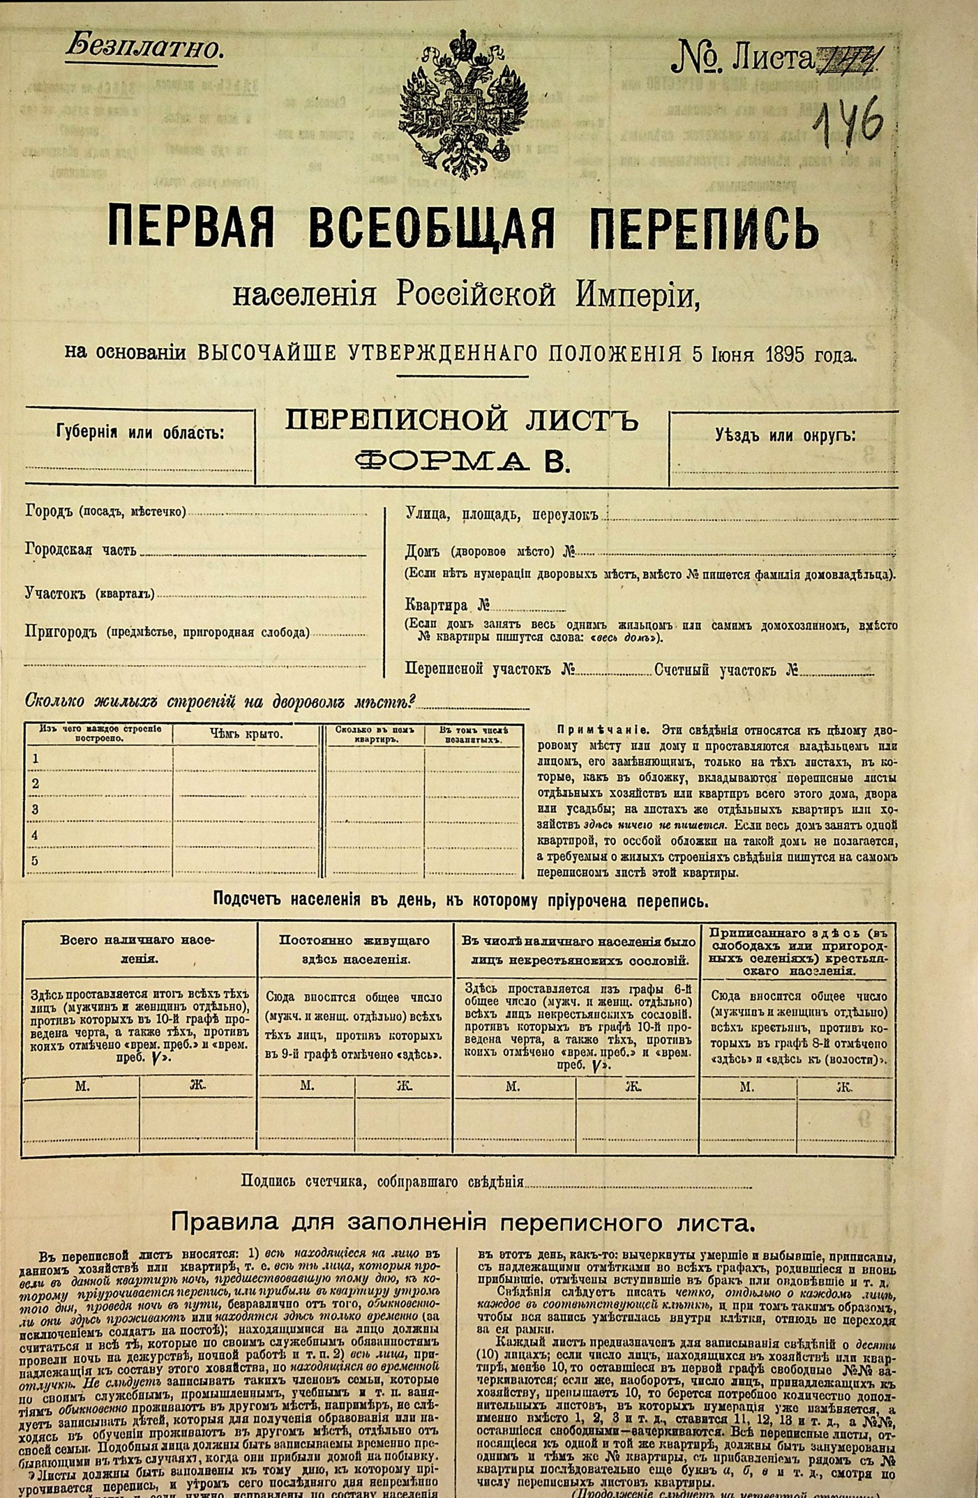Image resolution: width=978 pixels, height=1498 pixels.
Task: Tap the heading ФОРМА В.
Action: (x=462, y=461)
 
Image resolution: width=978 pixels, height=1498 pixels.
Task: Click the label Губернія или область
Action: (x=140, y=432)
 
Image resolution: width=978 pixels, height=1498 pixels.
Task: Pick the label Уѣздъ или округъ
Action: (x=785, y=435)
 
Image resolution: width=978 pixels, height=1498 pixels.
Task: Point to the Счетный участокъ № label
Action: (x=726, y=670)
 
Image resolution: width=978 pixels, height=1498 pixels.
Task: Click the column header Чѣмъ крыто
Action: (x=246, y=734)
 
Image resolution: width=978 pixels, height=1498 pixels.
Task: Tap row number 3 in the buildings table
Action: (x=36, y=810)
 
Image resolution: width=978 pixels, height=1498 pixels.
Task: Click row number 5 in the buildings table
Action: (x=36, y=861)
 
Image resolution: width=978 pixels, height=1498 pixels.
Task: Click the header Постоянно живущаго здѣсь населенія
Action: (x=355, y=950)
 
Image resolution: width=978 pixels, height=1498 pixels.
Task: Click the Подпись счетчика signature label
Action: (x=382, y=1181)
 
